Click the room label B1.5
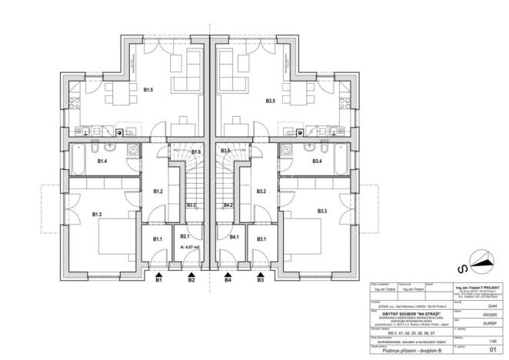(148, 90)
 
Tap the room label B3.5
(271, 101)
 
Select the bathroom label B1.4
(102, 162)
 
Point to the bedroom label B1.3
(98, 214)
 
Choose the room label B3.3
(321, 210)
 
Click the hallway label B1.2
(158, 191)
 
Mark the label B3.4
(317, 162)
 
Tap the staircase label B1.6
(196, 152)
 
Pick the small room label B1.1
(157, 240)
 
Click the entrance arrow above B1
(159, 273)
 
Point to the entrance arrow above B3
(261, 273)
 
